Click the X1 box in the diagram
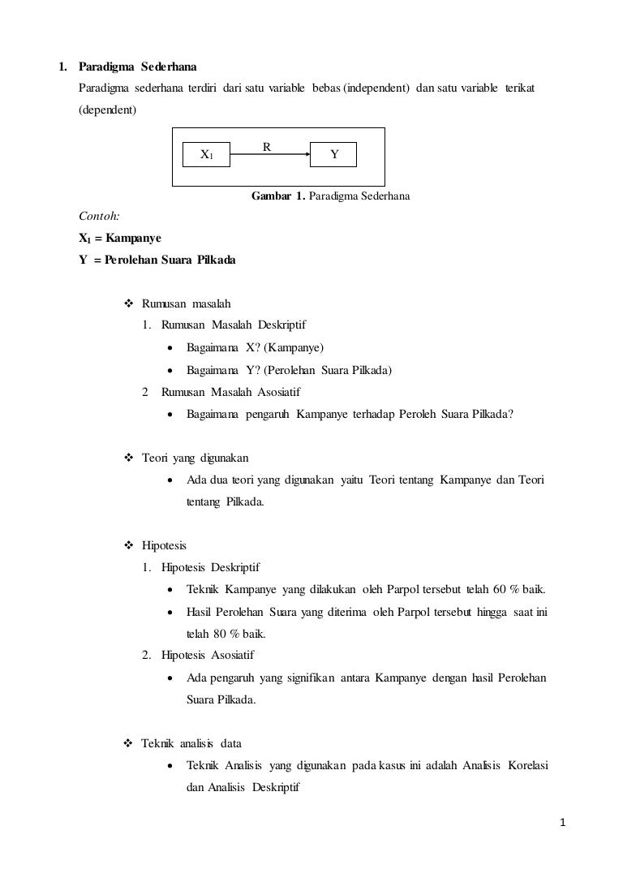click(x=207, y=154)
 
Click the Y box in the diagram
click(x=333, y=154)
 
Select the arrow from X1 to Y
click(x=270, y=153)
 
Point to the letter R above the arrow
click(x=265, y=146)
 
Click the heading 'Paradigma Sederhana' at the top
click(x=137, y=65)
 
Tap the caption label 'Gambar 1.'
click(x=278, y=196)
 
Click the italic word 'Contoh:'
click(x=98, y=217)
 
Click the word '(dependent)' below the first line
click(x=107, y=108)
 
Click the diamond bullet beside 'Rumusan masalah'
click(x=127, y=304)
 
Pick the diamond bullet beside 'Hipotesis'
click(x=127, y=546)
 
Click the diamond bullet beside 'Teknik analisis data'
click(x=127, y=742)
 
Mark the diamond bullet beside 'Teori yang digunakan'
click(x=127, y=458)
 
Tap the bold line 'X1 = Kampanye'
click(x=119, y=239)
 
